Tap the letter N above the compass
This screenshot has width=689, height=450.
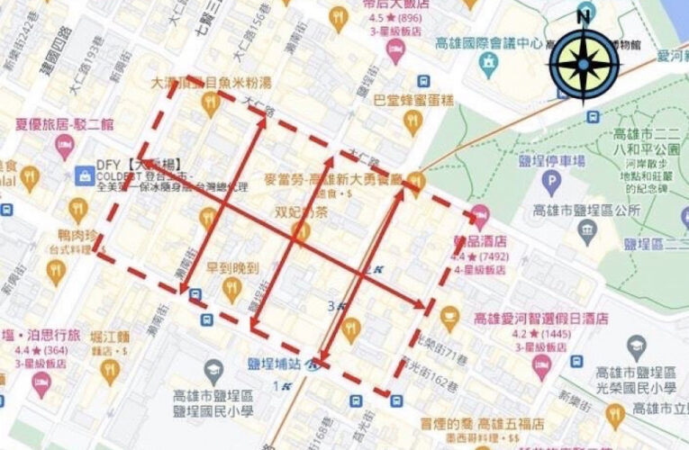[584, 14]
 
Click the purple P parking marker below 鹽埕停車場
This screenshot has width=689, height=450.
[550, 182]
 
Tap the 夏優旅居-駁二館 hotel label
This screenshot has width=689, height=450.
[65, 125]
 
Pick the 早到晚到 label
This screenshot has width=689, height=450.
[232, 268]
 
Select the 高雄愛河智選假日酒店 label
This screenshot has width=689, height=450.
[540, 319]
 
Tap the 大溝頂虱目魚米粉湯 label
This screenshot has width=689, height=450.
[214, 84]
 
